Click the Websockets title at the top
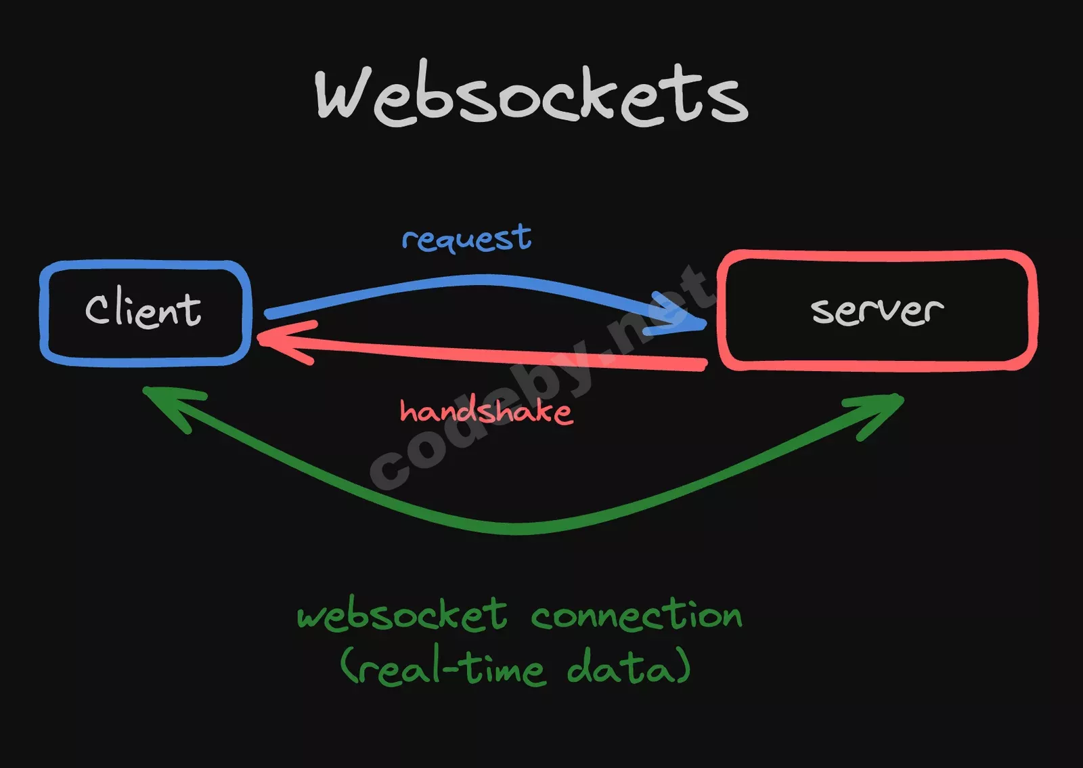[x=531, y=95]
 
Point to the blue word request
[x=466, y=238]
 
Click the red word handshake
[x=486, y=411]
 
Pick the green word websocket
[x=402, y=615]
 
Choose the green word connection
[x=636, y=615]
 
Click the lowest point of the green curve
[x=518, y=528]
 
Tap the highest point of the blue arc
[x=484, y=279]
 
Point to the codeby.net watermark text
[x=541, y=376]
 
